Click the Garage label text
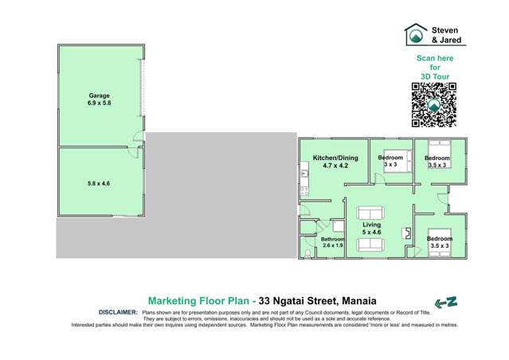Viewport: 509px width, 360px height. click(x=99, y=96)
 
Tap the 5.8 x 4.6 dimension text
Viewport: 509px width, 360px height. click(x=99, y=183)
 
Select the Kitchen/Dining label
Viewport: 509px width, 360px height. click(x=335, y=158)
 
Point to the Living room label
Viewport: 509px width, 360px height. click(x=371, y=225)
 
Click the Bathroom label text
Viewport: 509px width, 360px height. click(x=332, y=239)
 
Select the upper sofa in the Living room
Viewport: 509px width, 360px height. click(x=370, y=213)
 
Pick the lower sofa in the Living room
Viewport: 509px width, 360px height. click(x=370, y=245)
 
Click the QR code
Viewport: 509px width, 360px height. click(x=434, y=104)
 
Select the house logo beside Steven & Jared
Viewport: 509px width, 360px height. click(x=415, y=34)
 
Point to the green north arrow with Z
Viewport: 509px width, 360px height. click(x=445, y=302)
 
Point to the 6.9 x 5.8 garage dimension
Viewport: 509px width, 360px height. click(x=99, y=104)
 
